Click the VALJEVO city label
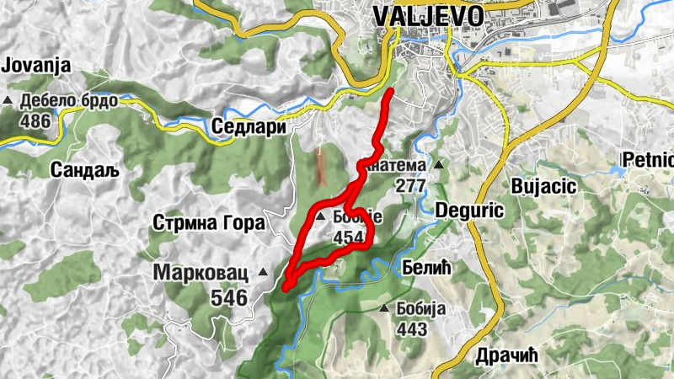tap(427, 16)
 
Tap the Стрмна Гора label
tap(209, 223)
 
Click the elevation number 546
tap(230, 297)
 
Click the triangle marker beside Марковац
tap(263, 272)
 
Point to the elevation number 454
tap(349, 238)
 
